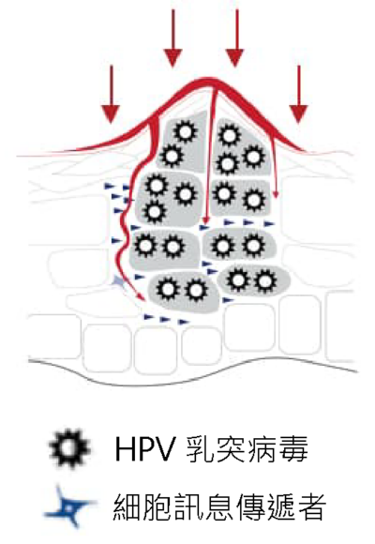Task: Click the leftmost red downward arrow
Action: pos(112,95)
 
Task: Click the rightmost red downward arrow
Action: pos(298,95)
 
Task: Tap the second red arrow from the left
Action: pos(173,38)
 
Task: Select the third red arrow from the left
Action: pos(235,38)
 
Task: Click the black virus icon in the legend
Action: pos(69,448)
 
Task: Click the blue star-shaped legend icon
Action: pos(68,506)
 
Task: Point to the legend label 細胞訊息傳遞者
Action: pos(219,506)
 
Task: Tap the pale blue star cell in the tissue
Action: pos(119,281)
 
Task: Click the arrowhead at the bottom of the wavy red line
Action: pos(141,297)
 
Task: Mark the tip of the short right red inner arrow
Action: pos(276,197)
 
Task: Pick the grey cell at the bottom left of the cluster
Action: pos(184,292)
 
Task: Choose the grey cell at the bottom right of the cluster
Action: pos(253,280)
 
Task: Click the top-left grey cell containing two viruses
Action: pos(183,143)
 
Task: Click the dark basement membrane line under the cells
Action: pos(193,372)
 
